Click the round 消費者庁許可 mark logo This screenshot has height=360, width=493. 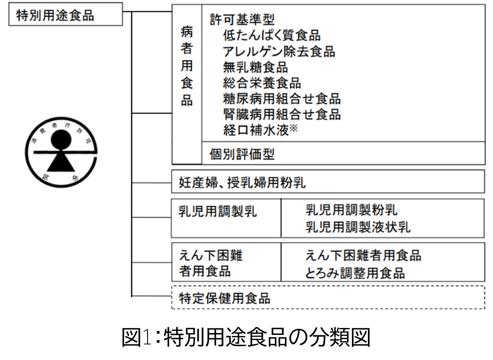pos(61,154)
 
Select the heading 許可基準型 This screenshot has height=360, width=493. pos(242,19)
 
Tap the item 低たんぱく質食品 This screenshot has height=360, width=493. pos(272,35)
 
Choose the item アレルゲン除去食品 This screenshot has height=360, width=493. pos(279,52)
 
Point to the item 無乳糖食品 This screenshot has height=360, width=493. pos(255,67)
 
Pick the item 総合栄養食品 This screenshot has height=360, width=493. pos(262,83)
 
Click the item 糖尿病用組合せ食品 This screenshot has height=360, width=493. pos(282,99)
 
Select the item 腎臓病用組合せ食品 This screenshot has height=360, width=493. pos(282,115)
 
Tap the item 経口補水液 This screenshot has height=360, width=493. pos(256,130)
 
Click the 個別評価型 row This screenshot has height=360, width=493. pos(242,154)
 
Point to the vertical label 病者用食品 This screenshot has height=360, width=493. pos(187,67)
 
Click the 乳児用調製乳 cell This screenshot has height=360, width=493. pos(218,212)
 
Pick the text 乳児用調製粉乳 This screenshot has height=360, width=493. pos(351,211)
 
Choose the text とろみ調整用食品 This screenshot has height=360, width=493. pos(355,273)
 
